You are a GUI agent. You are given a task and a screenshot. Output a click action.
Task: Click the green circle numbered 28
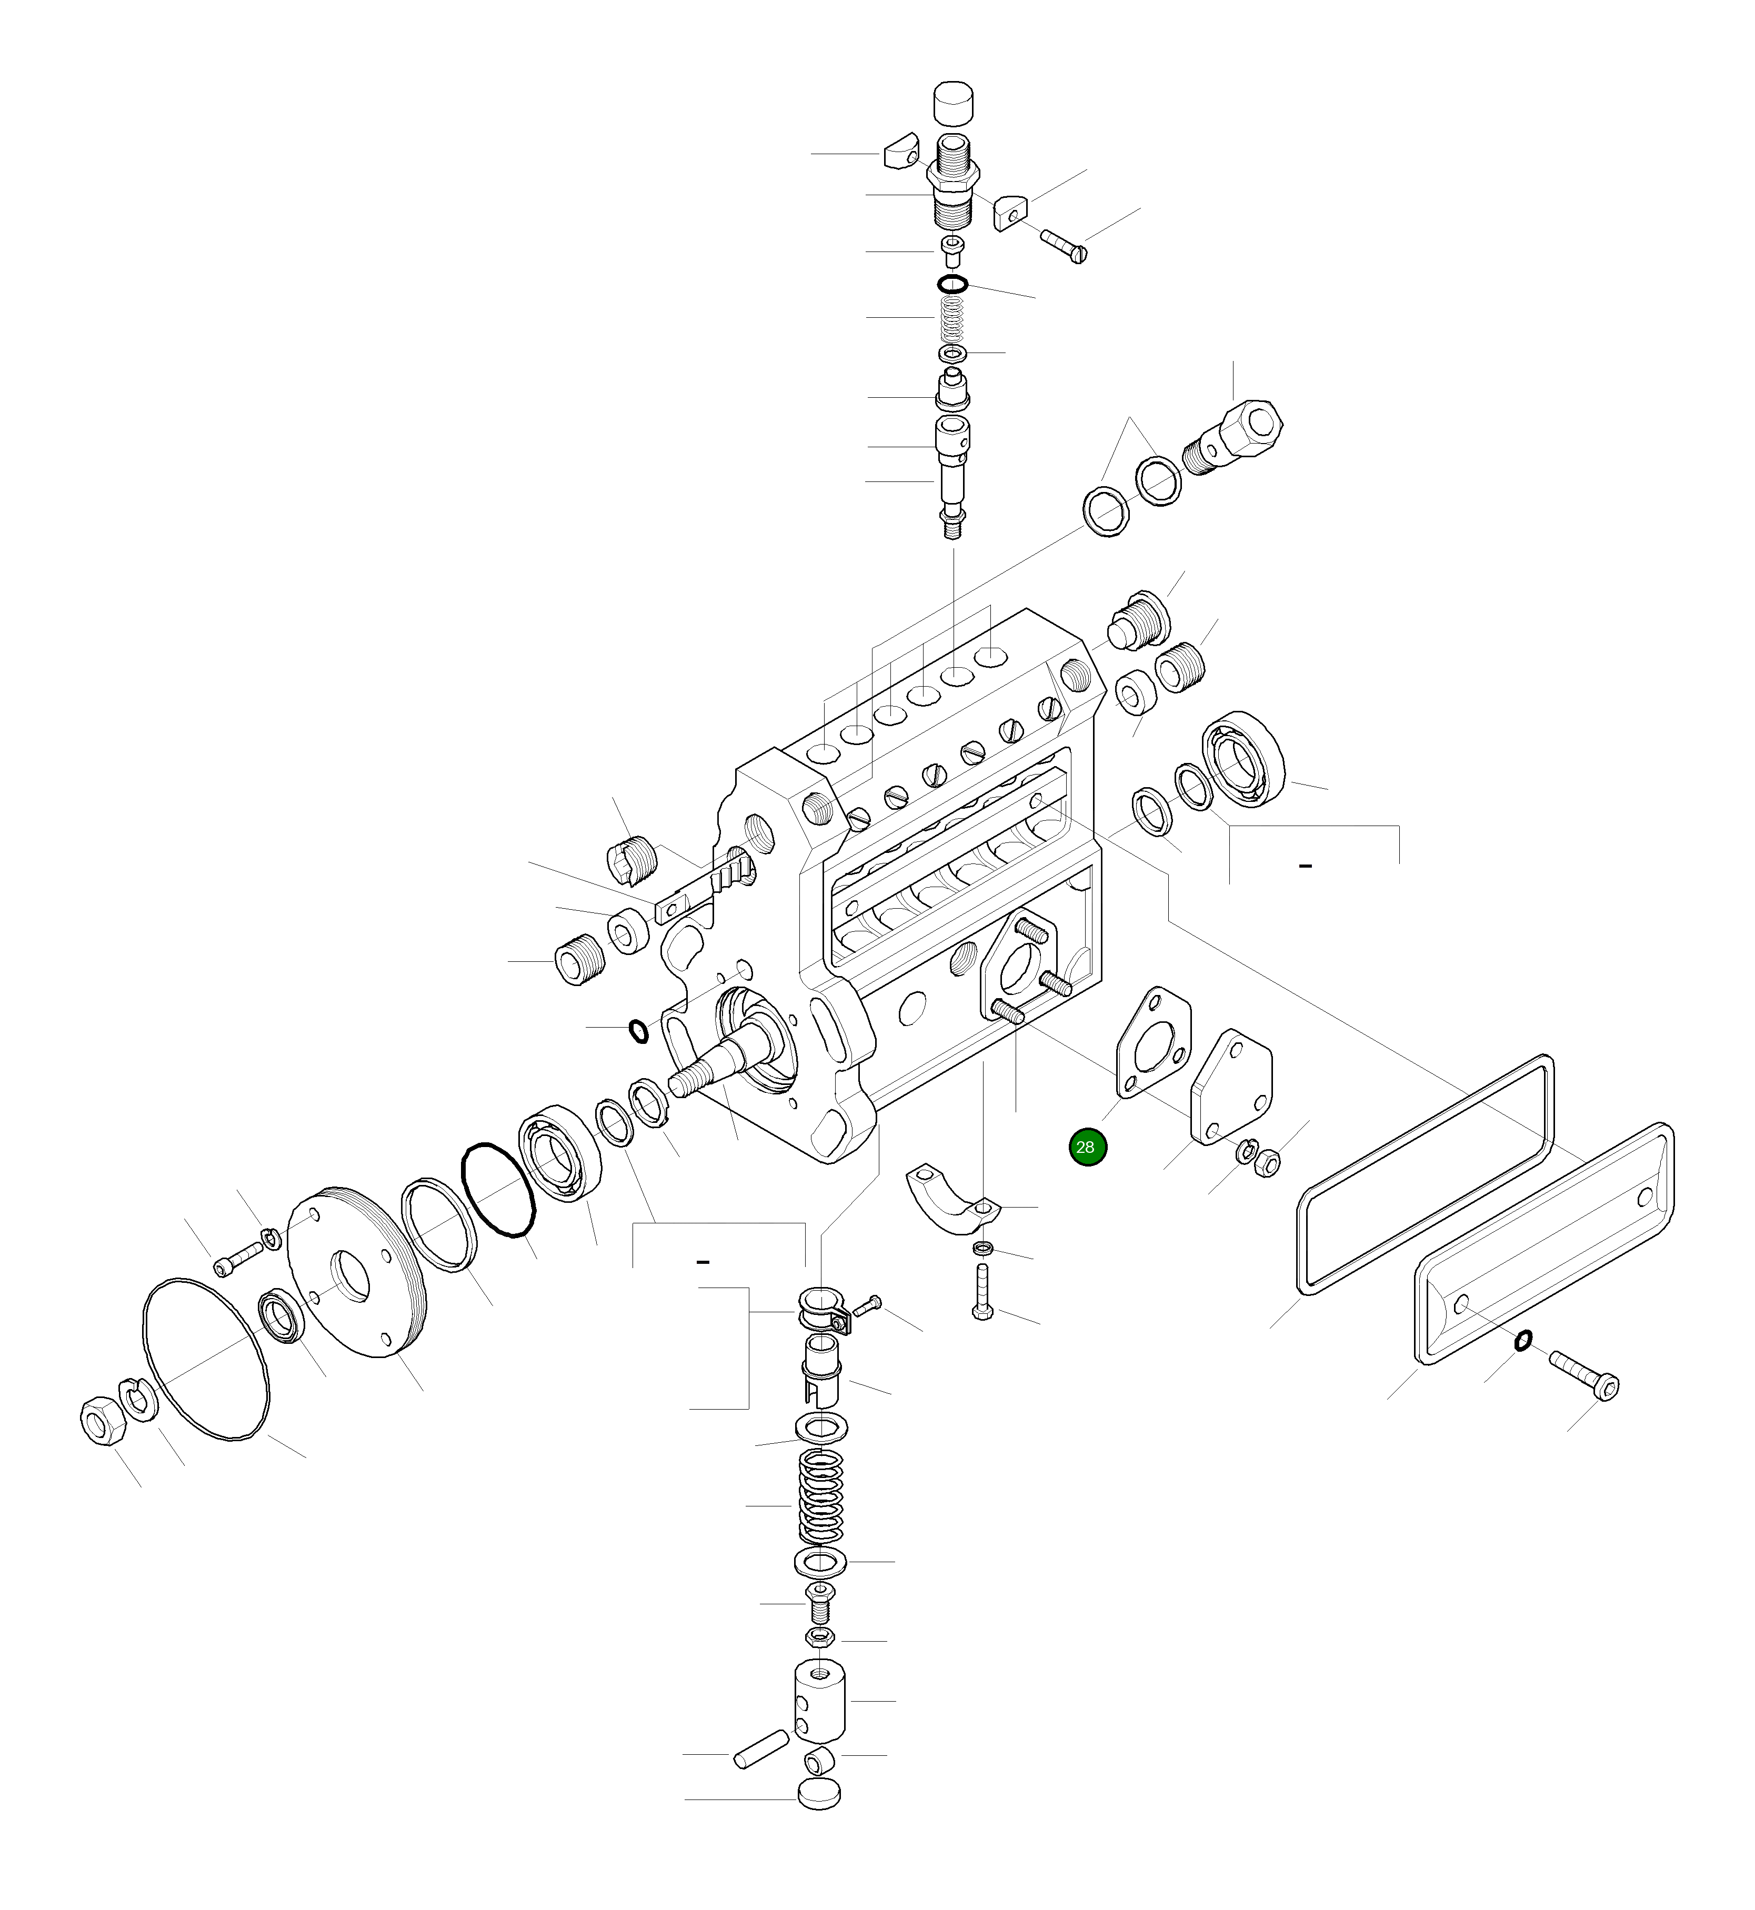(x=1087, y=1147)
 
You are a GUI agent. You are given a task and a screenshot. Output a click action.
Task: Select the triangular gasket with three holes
(x=1151, y=1040)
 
